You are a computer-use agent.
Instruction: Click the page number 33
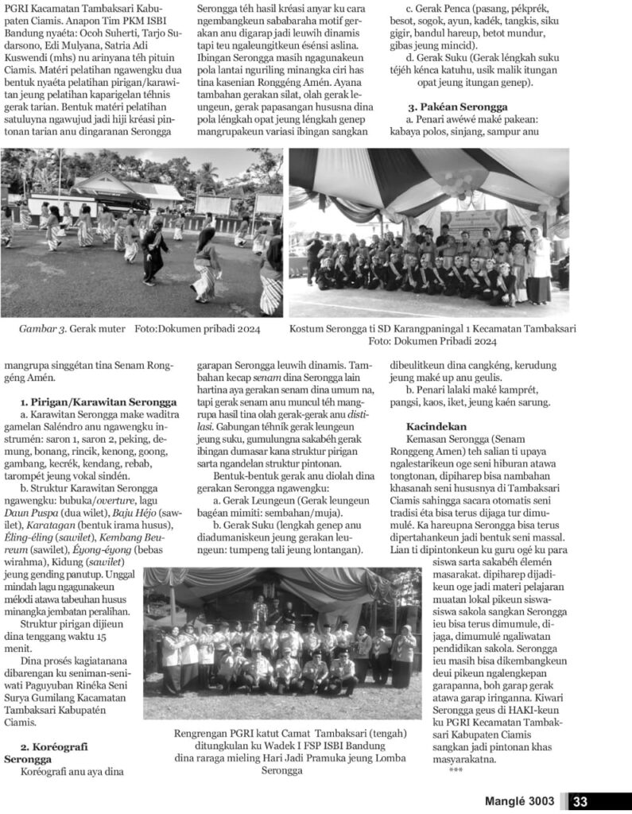click(580, 801)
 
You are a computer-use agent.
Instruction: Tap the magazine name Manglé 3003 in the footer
click(519, 801)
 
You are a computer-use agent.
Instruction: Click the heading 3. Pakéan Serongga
click(458, 107)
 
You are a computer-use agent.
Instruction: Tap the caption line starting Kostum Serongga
click(432, 328)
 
